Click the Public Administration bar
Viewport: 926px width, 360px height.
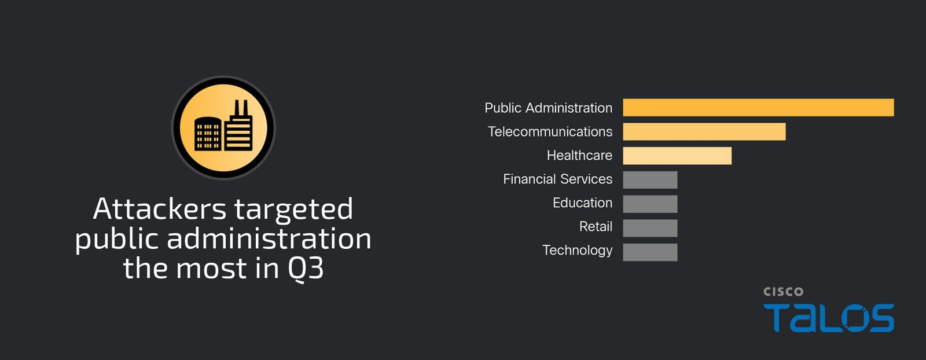coord(758,108)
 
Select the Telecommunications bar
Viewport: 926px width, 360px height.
coord(704,131)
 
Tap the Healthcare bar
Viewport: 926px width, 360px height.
coord(677,156)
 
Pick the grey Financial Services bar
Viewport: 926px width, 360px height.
coord(650,179)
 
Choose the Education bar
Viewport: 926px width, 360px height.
coord(650,204)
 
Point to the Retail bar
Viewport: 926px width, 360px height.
coord(650,227)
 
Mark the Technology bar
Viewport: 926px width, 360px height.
coord(650,252)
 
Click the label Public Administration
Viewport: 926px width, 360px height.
coord(548,108)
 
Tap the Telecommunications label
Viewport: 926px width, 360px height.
coord(550,131)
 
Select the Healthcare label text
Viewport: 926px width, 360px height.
coord(579,156)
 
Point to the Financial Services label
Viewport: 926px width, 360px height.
coord(558,179)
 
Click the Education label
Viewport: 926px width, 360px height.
coord(582,203)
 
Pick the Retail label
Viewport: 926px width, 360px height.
coord(596,226)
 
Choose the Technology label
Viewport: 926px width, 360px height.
coord(577,251)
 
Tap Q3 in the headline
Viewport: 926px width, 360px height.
coord(306,269)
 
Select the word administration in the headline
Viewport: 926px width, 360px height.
coord(269,238)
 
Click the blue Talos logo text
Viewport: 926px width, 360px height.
coord(828,318)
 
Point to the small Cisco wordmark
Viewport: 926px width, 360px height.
coord(784,292)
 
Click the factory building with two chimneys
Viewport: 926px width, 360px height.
coord(238,126)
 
